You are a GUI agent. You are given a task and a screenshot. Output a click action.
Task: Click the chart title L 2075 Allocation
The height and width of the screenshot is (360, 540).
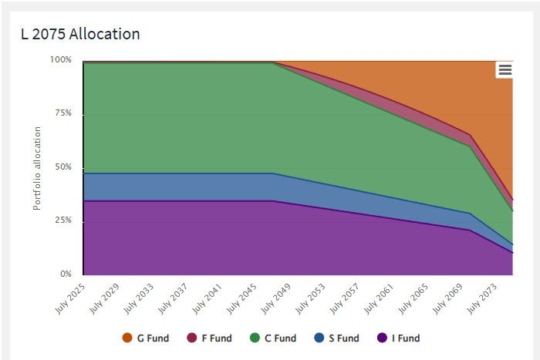(x=80, y=34)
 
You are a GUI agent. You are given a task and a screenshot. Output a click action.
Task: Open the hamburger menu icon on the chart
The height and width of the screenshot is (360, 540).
(x=505, y=70)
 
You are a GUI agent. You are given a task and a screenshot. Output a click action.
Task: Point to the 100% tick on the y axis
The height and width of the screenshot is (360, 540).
(x=61, y=59)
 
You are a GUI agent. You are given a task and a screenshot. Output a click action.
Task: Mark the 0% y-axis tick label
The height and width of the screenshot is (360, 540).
(x=66, y=274)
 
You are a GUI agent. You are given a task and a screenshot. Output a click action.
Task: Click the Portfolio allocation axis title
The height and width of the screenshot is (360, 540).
(x=37, y=168)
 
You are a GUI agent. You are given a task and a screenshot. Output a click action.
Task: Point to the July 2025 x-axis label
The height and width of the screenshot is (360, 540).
(x=70, y=298)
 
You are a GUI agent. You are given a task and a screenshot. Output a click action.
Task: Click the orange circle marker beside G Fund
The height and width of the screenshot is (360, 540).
(x=128, y=338)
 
